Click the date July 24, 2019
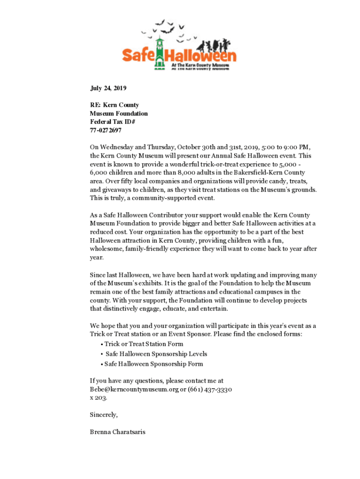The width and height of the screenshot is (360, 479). [x=108, y=88]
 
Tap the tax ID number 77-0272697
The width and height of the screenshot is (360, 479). [x=106, y=131]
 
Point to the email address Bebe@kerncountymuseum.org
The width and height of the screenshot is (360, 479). [x=134, y=389]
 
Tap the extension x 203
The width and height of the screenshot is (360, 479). [x=98, y=398]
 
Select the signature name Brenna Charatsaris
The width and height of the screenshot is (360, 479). [x=117, y=432]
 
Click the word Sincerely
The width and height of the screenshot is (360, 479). [x=104, y=414]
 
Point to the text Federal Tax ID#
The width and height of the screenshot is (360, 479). [x=112, y=122]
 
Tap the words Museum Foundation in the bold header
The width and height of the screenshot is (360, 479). [x=119, y=114]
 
